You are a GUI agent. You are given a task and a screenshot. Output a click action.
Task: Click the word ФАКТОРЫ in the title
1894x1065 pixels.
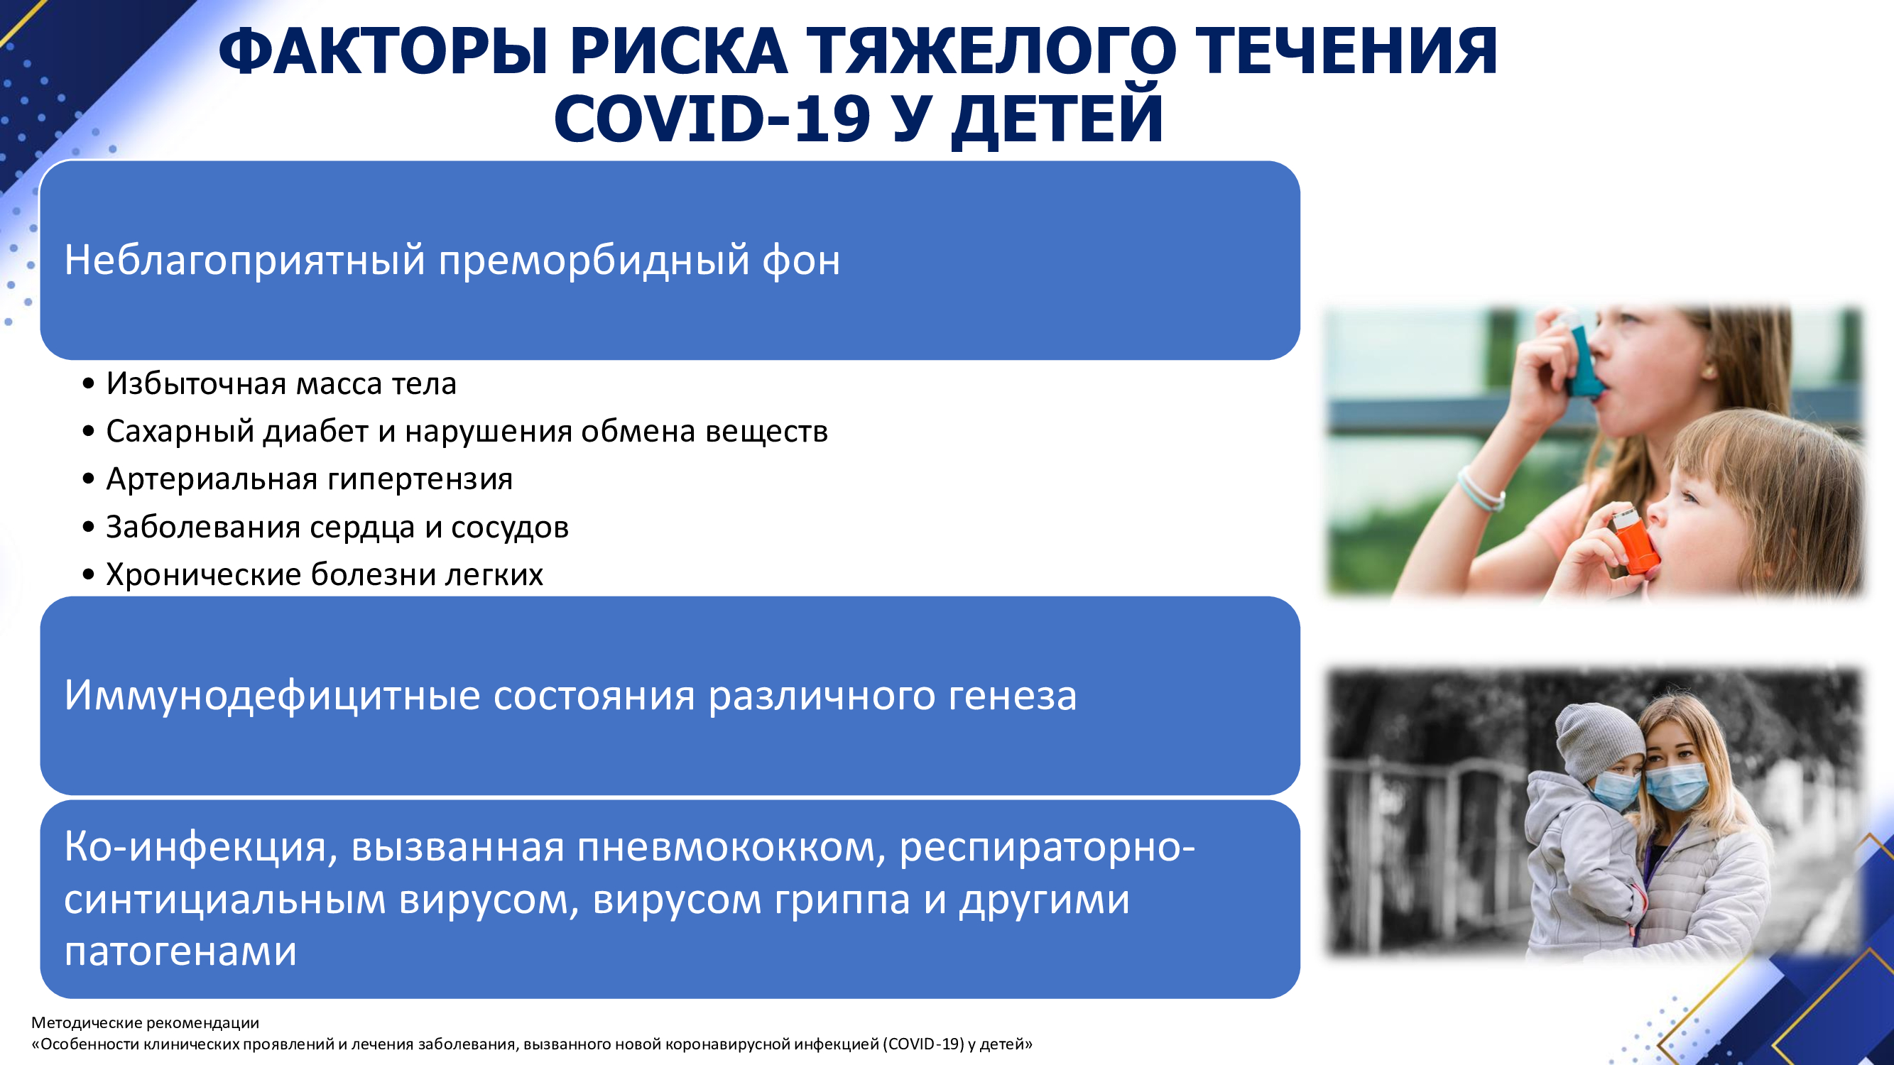click(383, 51)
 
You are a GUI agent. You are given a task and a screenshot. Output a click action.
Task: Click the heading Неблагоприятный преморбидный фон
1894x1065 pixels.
click(452, 260)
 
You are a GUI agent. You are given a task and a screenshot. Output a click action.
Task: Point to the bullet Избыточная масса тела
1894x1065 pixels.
click(281, 383)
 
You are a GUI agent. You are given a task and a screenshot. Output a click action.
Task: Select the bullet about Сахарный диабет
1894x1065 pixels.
click(467, 432)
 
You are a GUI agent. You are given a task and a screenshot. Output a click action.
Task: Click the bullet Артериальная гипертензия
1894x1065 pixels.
click(309, 479)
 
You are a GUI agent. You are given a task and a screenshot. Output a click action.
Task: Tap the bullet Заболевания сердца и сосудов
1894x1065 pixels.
click(337, 527)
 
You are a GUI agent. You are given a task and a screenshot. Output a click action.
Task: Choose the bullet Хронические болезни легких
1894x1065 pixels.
click(325, 574)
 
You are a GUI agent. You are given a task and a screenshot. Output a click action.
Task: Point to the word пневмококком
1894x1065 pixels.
click(731, 847)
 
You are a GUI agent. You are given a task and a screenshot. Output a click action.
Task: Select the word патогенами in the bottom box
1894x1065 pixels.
click(180, 951)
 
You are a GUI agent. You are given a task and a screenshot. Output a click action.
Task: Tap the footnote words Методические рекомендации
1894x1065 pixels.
click(146, 1022)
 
